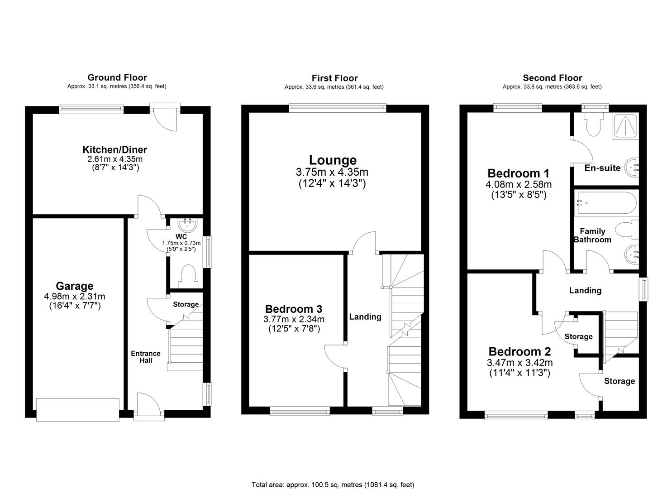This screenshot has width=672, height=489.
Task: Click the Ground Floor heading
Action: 117,77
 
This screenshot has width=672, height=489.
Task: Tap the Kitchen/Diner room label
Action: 114,150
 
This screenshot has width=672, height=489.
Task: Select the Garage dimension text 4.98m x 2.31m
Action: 75,297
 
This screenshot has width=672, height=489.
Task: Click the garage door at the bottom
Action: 78,409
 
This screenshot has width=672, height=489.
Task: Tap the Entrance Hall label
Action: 146,357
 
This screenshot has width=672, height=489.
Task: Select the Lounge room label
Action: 333,160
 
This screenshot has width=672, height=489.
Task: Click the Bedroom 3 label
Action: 294,309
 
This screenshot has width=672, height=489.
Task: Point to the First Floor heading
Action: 334,78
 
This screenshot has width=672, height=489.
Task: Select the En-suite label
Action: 602,168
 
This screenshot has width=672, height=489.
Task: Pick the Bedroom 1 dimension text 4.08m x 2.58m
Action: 519,185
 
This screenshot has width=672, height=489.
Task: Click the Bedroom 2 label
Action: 519,351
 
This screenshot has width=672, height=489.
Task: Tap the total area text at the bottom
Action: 333,472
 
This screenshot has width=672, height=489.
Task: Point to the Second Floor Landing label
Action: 585,291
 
